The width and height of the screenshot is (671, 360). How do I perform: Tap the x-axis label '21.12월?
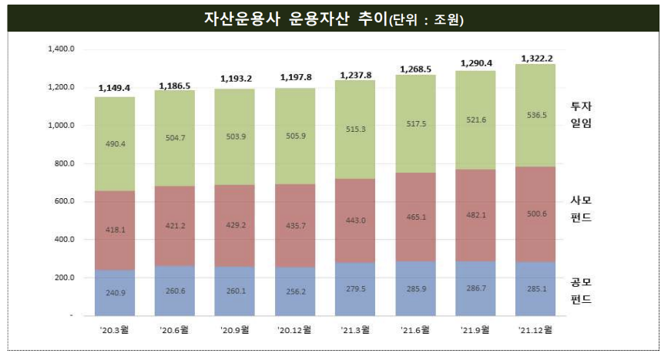[536, 330]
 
